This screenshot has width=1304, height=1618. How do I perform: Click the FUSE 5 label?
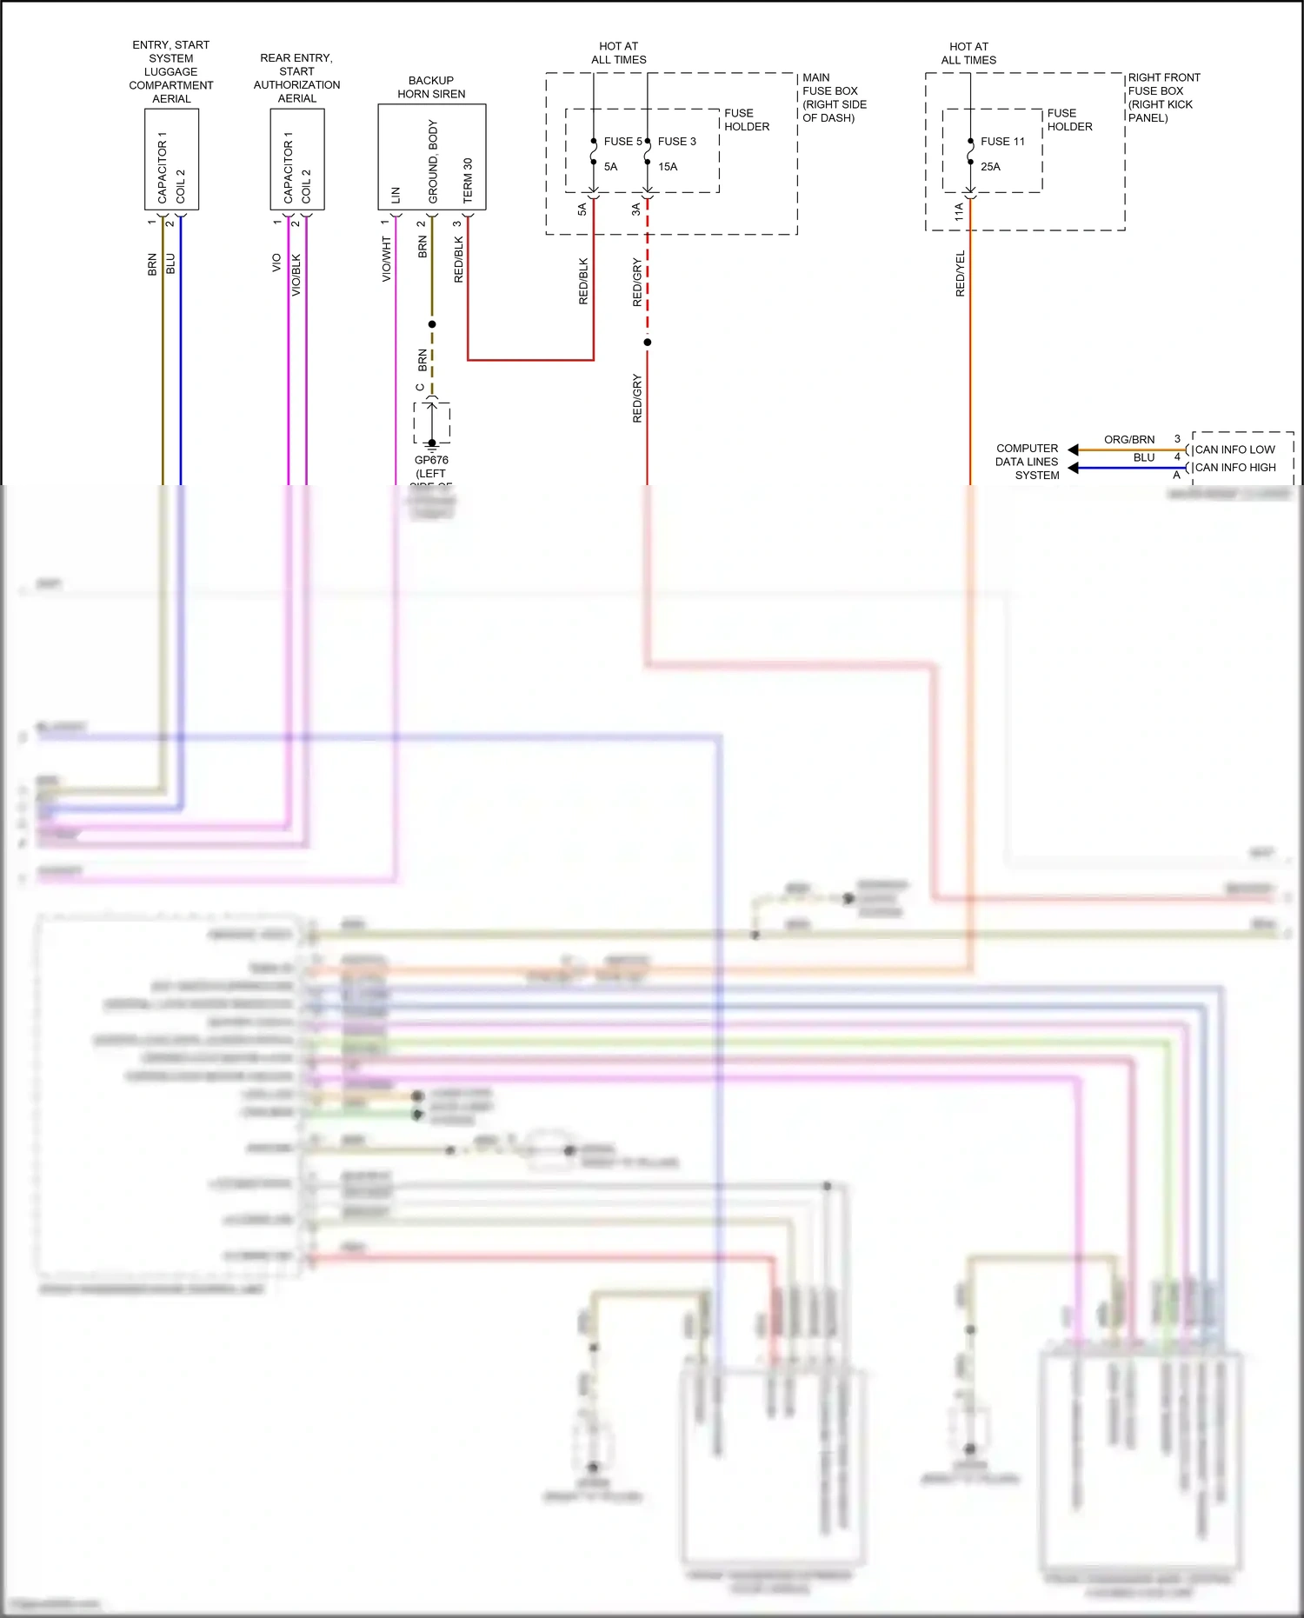(622, 141)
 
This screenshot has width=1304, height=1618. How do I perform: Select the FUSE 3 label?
(676, 141)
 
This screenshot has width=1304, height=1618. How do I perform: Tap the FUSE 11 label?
(1002, 141)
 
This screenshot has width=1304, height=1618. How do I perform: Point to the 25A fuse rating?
(990, 166)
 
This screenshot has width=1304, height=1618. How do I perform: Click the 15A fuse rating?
(668, 166)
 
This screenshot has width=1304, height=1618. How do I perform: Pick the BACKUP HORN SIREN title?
(431, 87)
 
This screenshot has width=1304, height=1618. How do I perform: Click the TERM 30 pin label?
(468, 180)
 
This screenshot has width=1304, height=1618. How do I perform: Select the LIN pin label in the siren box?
(396, 195)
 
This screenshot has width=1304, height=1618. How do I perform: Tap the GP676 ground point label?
(431, 460)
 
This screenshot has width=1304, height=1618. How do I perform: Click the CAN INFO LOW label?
(1234, 449)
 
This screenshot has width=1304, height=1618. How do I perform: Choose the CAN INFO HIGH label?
(1235, 468)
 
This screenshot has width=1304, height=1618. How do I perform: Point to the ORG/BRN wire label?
(1129, 439)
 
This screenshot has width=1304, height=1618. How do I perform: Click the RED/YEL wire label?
(960, 274)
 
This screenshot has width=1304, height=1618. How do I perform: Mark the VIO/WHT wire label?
(386, 259)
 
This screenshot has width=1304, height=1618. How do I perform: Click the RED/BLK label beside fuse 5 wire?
(583, 280)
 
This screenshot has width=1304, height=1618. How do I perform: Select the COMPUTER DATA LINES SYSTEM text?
(1028, 462)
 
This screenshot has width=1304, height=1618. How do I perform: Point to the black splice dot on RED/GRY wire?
(647, 343)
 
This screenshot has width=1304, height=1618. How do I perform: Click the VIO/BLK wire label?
(296, 275)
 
